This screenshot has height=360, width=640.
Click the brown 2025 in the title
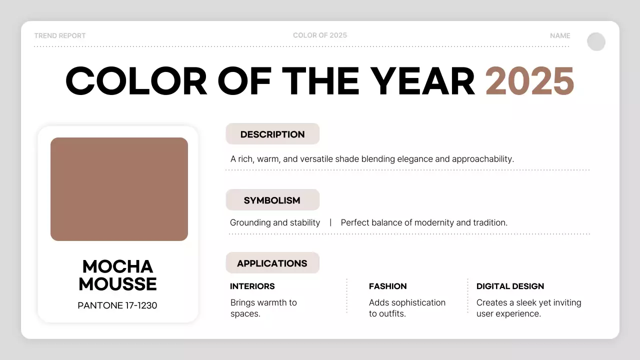529,81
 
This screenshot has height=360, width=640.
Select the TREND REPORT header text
60,35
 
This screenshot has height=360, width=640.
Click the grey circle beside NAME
596,42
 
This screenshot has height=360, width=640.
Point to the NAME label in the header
560,35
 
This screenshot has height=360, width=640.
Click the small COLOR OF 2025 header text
320,35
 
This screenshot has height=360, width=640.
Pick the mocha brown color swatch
119,189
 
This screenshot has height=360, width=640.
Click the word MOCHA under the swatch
117,266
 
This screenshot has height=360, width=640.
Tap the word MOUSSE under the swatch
117,284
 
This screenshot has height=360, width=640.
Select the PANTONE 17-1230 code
117,305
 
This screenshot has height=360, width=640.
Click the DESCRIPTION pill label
272,134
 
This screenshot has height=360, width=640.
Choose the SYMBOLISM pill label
272,200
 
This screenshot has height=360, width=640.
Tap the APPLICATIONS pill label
272,263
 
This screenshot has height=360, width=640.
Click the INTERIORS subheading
252,286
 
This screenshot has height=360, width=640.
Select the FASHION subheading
388,286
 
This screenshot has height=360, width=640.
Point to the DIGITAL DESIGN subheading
510,286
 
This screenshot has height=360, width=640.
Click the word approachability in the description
482,159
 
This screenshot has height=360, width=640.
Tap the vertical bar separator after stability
330,222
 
